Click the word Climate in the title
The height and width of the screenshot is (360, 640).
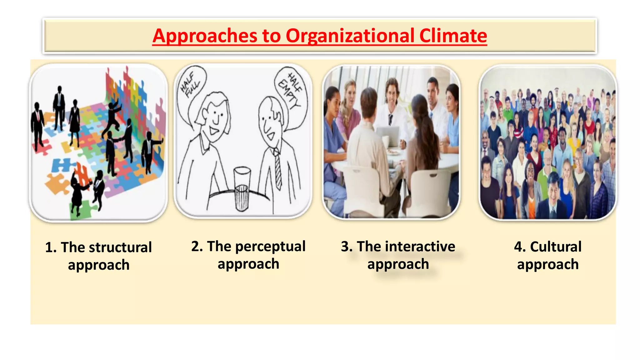(453, 36)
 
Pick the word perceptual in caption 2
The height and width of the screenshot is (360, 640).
(270, 246)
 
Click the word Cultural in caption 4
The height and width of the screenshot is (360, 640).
(556, 246)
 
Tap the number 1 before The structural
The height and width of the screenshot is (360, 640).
(49, 247)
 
